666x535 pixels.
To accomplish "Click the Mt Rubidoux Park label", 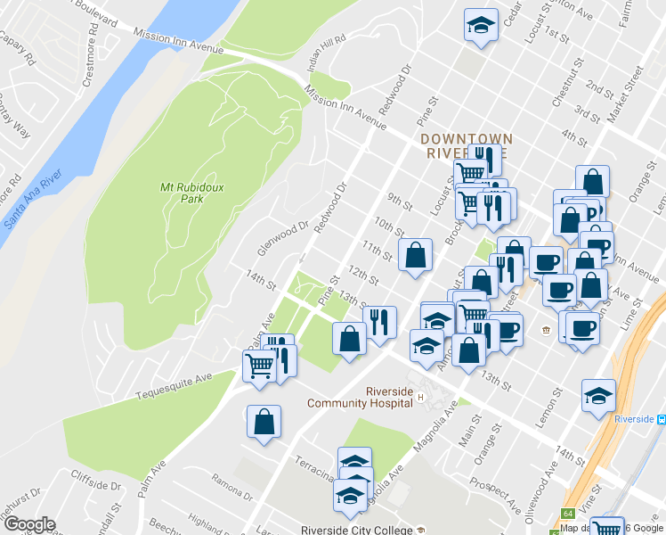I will pyautogui.click(x=181, y=193).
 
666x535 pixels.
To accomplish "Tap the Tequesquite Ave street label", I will pyautogui.click(x=174, y=386).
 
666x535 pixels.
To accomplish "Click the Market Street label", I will pyautogui.click(x=629, y=88).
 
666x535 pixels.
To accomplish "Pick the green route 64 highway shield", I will pyautogui.click(x=566, y=514).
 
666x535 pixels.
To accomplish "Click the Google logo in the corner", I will pyautogui.click(x=28, y=524).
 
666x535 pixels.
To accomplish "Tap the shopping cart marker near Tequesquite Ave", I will pyautogui.click(x=259, y=366).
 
